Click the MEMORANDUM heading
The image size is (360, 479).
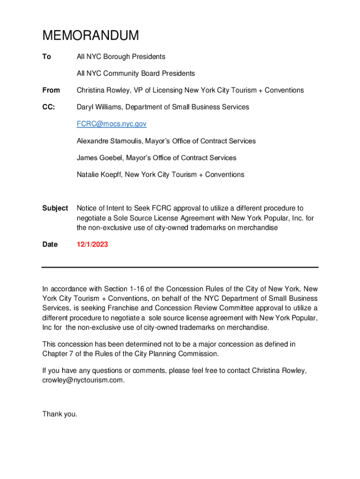pos(91,36)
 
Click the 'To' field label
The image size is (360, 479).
pos(46,57)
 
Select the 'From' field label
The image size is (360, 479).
pos(51,90)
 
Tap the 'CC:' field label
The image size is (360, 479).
pos(49,107)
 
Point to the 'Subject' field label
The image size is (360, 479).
pos(55,208)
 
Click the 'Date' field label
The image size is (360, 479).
pos(50,244)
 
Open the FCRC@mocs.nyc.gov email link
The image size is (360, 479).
pos(112,124)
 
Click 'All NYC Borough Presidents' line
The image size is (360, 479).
pos(121,57)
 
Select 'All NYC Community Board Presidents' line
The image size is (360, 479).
pos(136,73)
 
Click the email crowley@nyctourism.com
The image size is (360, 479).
pos(83,380)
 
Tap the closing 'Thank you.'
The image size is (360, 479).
pos(59,414)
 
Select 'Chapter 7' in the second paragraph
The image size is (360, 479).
pos(58,354)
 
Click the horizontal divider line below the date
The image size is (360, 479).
pos(180,267)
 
